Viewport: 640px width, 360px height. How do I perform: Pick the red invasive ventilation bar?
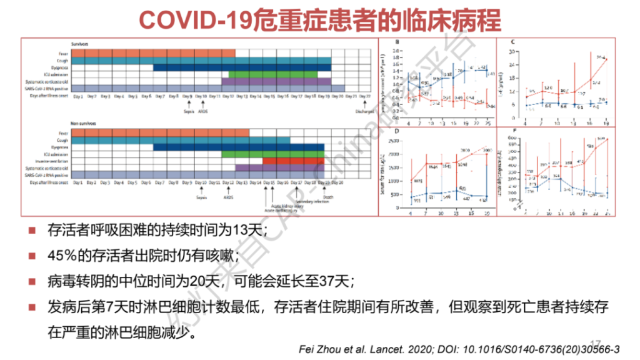(x=293, y=161)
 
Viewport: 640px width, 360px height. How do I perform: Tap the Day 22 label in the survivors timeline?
(x=366, y=96)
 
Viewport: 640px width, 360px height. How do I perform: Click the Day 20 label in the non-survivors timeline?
(x=338, y=182)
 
